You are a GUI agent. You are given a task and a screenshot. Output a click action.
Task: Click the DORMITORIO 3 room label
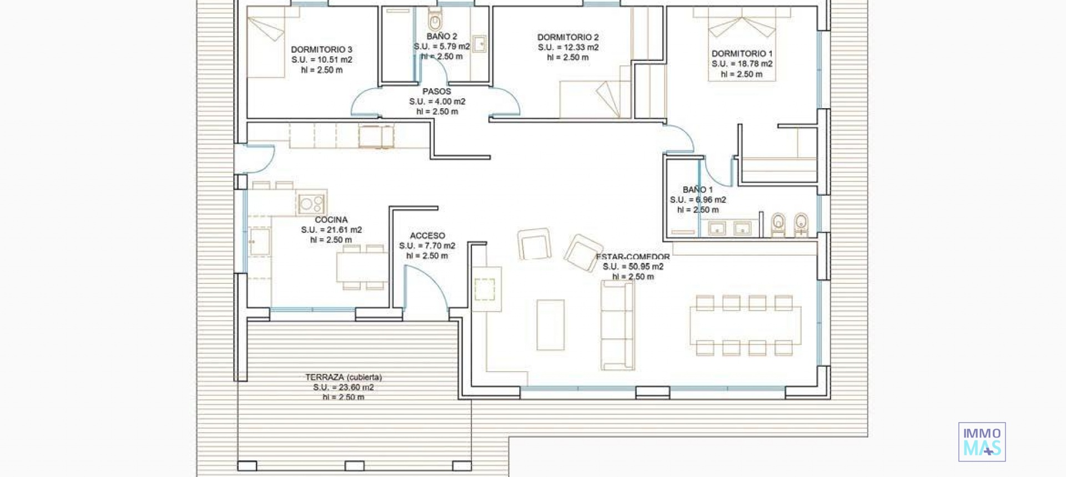coord(321,49)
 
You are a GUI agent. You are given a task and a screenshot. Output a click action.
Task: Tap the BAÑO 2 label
coord(442,37)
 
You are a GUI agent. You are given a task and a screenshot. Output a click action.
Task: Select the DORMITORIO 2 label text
coord(568,37)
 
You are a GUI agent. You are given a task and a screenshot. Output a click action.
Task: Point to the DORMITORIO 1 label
coord(742,54)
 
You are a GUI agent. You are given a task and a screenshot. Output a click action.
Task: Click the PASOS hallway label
coord(437,92)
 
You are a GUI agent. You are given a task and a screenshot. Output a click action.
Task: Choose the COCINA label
coord(331,220)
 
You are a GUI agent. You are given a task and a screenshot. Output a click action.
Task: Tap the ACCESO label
coord(427,236)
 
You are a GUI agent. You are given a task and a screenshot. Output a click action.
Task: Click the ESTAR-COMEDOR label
coord(633,257)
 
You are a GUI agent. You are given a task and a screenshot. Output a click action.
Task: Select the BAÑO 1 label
coord(698,190)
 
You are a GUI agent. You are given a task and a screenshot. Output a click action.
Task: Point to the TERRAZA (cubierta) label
coord(344,377)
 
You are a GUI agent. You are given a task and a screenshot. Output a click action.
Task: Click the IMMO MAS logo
coord(982,442)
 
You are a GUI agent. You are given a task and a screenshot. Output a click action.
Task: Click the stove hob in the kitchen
coord(311,203)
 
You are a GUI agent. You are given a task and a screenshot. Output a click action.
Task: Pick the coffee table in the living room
coord(550,324)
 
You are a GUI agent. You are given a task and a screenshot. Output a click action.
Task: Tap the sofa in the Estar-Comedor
coord(617,325)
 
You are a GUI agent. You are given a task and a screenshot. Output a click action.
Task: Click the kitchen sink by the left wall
coord(259,242)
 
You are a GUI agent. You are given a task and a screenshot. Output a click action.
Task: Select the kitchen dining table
coord(362,267)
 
